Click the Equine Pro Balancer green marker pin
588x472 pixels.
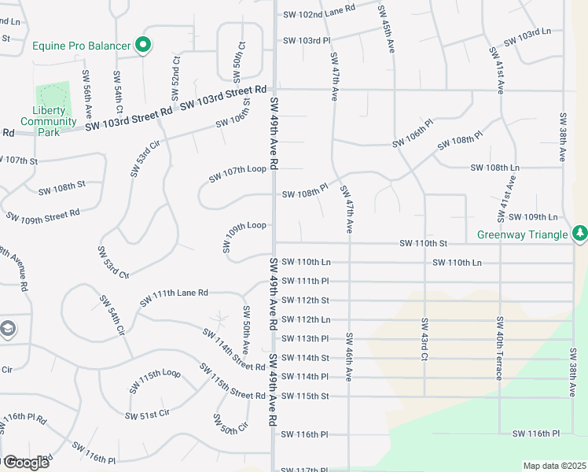pos(142,46)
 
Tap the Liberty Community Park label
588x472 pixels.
pos(49,121)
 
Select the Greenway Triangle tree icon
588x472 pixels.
pos(579,233)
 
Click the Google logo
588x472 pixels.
pos(25,463)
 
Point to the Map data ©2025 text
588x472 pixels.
pos(554,466)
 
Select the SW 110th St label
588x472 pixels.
pos(423,244)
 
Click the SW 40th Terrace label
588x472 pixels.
pos(499,348)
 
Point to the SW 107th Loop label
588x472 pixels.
pos(237,174)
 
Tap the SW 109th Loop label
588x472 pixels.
pos(245,238)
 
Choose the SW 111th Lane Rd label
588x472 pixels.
pos(174,297)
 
